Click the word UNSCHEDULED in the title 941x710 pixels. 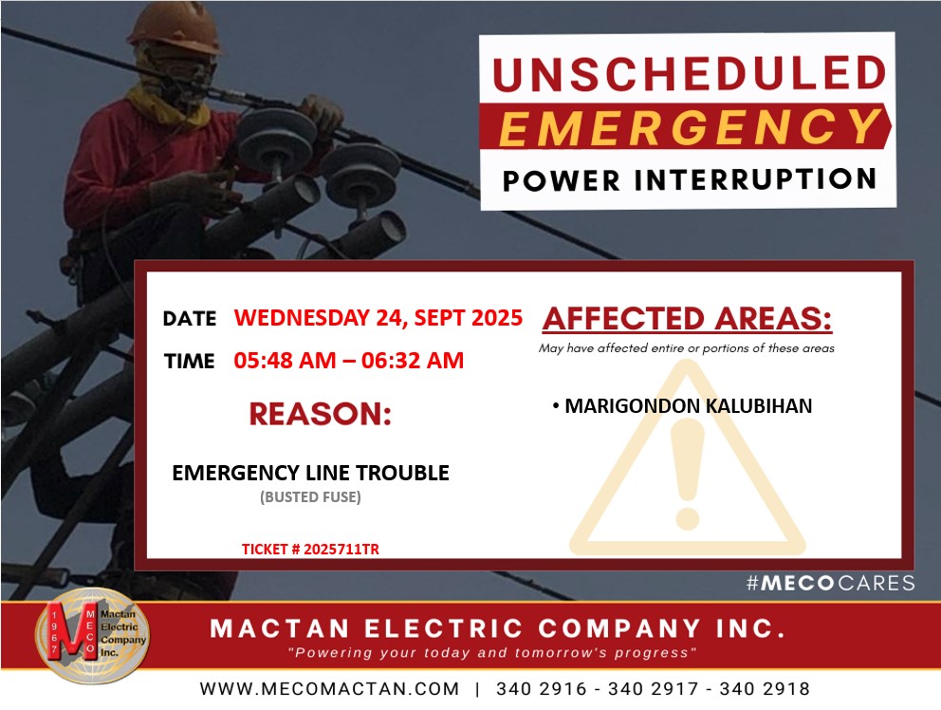689,73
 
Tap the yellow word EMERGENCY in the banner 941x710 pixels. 690,127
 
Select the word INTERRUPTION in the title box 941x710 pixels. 756,179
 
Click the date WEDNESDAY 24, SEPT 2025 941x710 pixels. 378,317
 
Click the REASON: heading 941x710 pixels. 320,414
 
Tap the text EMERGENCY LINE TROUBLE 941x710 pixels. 310,473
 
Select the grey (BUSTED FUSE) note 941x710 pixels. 310,496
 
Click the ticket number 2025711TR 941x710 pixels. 341,549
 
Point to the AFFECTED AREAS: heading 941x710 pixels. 687,319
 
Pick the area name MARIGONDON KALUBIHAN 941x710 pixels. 689,406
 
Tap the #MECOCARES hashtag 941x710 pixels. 831,583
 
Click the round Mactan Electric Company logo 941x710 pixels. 92,636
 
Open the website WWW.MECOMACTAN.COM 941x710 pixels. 329,688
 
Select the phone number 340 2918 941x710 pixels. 765,688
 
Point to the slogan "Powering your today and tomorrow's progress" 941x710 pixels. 492,653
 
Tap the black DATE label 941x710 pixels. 190,318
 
